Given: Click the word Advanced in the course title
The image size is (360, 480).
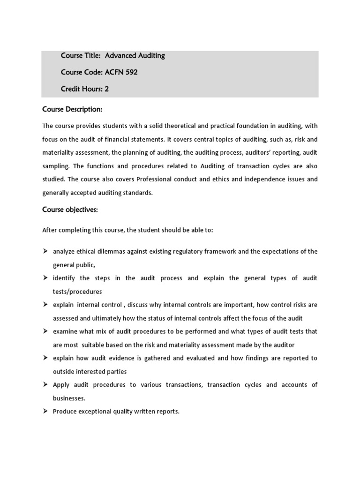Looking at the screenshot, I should click(120, 56).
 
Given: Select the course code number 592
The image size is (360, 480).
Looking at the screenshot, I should click(129, 72).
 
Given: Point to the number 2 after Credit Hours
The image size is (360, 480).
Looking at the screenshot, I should click(107, 89).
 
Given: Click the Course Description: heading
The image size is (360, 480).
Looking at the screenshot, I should click(72, 109).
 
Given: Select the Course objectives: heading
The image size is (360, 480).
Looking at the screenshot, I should click(70, 210).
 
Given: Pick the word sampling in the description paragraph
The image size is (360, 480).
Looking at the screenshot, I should click(57, 166).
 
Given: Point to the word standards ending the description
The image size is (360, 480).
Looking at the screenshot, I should click(137, 192).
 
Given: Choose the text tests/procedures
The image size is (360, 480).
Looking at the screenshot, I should click(77, 291).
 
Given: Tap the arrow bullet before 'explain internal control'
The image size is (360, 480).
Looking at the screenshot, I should click(45, 305).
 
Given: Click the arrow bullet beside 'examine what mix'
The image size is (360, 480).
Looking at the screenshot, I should click(45, 331).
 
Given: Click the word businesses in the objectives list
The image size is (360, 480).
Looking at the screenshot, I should click(69, 398).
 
